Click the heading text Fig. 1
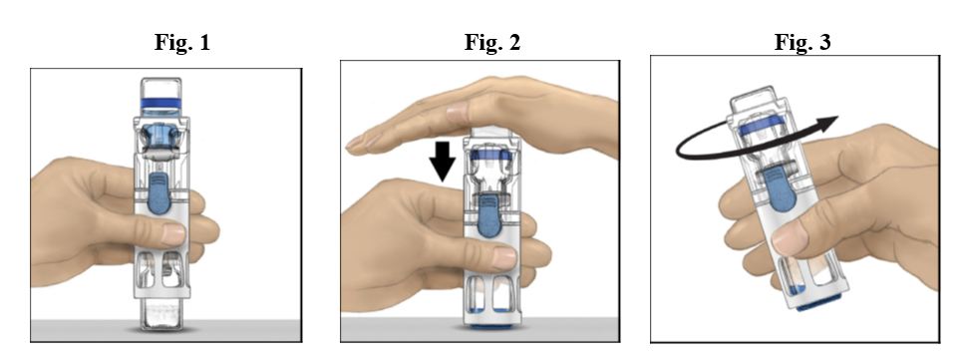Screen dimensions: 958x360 click(182, 43)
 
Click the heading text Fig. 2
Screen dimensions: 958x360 click(492, 43)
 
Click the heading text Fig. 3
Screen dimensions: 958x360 click(802, 43)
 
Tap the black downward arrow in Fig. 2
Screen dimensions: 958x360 click(443, 162)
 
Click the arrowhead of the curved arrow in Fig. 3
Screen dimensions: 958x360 click(826, 124)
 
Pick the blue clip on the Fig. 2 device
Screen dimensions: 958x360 click(490, 214)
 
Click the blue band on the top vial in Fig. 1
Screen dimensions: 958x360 click(160, 104)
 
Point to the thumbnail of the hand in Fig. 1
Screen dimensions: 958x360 click(172, 233)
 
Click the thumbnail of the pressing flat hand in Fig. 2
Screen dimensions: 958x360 click(457, 113)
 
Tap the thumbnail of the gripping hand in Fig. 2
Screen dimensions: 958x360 click(503, 257)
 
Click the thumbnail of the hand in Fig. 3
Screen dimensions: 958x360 click(788, 237)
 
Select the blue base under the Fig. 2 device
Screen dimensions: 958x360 click(491, 326)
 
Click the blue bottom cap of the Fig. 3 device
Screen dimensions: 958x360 click(819, 302)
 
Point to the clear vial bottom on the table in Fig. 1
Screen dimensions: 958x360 click(161, 314)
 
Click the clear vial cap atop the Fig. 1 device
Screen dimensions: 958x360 click(160, 88)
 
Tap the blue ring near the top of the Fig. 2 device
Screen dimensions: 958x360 click(490, 156)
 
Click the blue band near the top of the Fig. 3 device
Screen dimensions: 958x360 click(762, 127)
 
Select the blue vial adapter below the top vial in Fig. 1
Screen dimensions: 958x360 click(160, 137)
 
